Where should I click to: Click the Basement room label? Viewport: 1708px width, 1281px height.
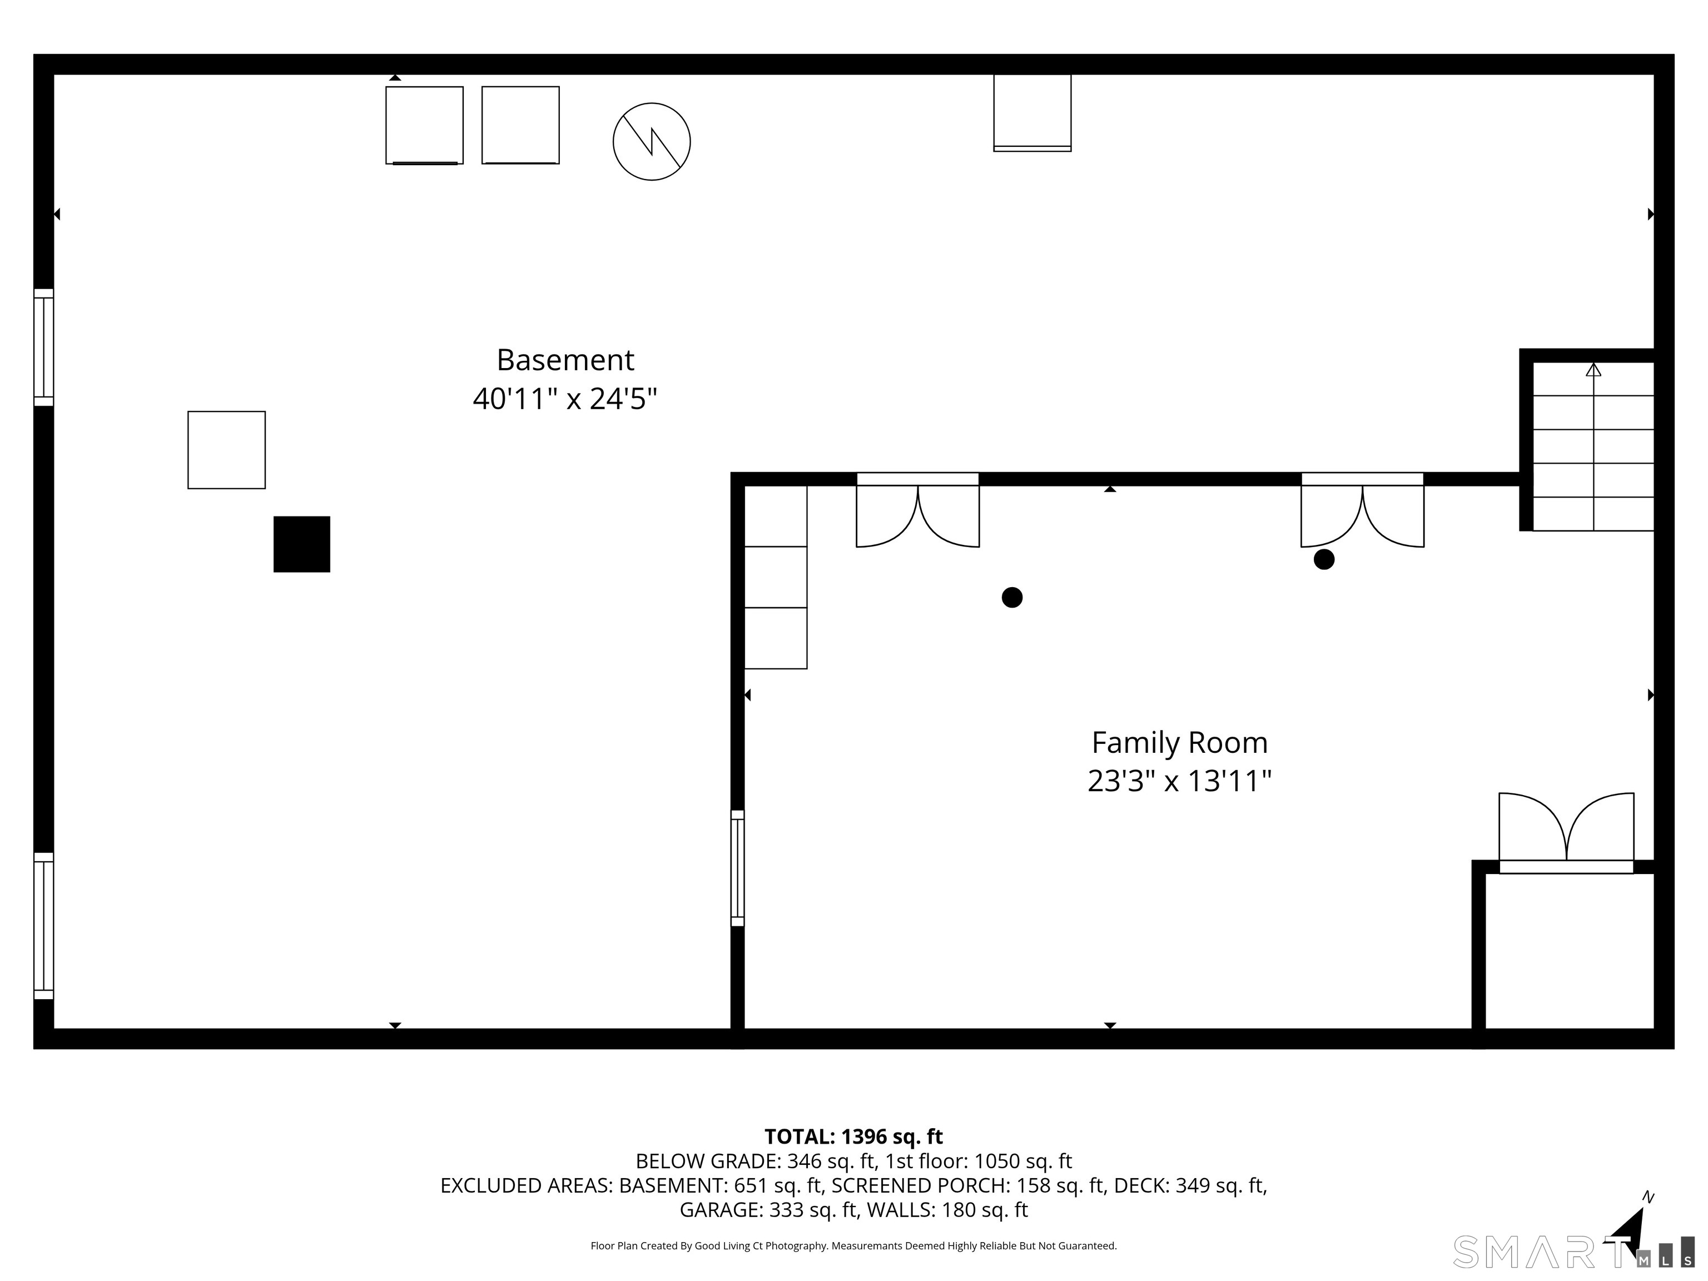565,360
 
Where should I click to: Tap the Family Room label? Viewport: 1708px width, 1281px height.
1179,743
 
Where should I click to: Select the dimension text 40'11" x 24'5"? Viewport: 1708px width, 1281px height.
565,399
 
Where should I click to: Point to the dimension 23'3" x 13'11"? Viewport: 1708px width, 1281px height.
1179,781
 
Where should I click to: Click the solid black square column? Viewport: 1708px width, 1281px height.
302,544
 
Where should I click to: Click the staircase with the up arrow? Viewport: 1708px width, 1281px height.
1593,446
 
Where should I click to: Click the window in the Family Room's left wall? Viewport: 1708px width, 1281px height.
737,868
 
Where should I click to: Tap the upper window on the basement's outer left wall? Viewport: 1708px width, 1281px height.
43,347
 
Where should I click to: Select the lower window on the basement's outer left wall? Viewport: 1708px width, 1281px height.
43,926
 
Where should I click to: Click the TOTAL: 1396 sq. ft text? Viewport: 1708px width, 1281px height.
853,1136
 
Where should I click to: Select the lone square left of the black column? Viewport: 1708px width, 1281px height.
226,450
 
